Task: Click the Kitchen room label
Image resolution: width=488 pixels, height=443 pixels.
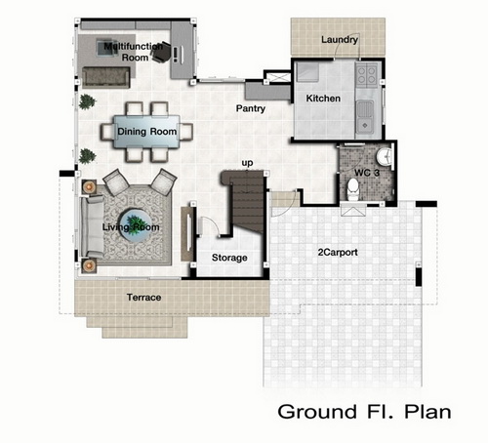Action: coord(323,99)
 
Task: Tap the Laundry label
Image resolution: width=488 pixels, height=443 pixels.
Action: coord(340,40)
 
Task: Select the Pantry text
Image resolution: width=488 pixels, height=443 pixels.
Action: coord(251,108)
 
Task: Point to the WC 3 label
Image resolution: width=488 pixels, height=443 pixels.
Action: coord(367,173)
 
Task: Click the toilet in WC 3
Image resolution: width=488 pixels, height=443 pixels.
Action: coord(352,189)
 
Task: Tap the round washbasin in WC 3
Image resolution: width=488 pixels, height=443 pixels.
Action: coord(385,157)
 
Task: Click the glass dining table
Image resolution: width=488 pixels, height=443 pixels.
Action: coord(146,132)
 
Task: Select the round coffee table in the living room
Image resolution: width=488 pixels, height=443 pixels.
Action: coord(135,225)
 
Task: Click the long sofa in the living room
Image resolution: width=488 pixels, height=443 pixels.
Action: coord(92,226)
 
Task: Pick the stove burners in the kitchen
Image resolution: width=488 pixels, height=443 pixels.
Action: coord(366,75)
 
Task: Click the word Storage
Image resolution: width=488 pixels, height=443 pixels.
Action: coord(229,258)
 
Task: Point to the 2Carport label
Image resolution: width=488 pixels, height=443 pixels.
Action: coord(338,252)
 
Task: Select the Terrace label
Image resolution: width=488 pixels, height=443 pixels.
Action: coord(143,298)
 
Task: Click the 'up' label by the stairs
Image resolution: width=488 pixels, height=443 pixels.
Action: coord(247,163)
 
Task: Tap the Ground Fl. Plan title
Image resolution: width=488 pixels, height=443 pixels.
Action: coord(364,412)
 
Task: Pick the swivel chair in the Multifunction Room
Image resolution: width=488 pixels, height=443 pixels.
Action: coord(162,52)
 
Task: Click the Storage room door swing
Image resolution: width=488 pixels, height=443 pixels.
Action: coord(209,225)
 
